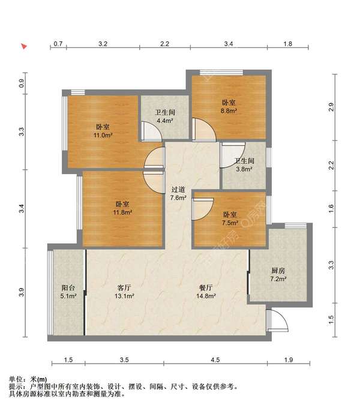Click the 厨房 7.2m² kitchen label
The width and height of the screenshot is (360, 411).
click(x=278, y=274)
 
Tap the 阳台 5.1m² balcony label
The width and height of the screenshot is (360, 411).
click(x=68, y=292)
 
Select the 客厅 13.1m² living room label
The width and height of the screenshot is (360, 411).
click(x=124, y=292)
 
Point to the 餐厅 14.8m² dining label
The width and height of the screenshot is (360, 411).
click(x=206, y=292)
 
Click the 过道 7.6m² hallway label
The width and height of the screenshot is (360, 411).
click(x=178, y=193)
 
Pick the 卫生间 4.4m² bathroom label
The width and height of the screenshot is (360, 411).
click(x=164, y=116)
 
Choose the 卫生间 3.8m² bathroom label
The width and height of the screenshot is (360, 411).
click(x=244, y=165)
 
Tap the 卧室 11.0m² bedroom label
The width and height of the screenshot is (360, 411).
click(x=103, y=131)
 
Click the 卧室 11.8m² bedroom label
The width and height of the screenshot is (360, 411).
click(x=122, y=208)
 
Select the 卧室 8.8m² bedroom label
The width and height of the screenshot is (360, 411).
click(x=229, y=106)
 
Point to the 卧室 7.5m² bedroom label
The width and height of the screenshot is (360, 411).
click(x=230, y=219)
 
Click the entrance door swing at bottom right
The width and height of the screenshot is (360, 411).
click(x=278, y=321)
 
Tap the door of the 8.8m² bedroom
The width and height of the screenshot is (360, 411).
click(x=204, y=129)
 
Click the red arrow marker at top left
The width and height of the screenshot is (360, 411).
click(x=24, y=47)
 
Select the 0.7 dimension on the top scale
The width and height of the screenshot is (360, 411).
click(x=58, y=44)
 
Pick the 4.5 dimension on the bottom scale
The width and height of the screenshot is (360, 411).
click(x=215, y=359)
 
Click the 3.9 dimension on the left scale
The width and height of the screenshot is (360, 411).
click(x=22, y=292)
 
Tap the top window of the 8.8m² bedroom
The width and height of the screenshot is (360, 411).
click(x=221, y=73)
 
